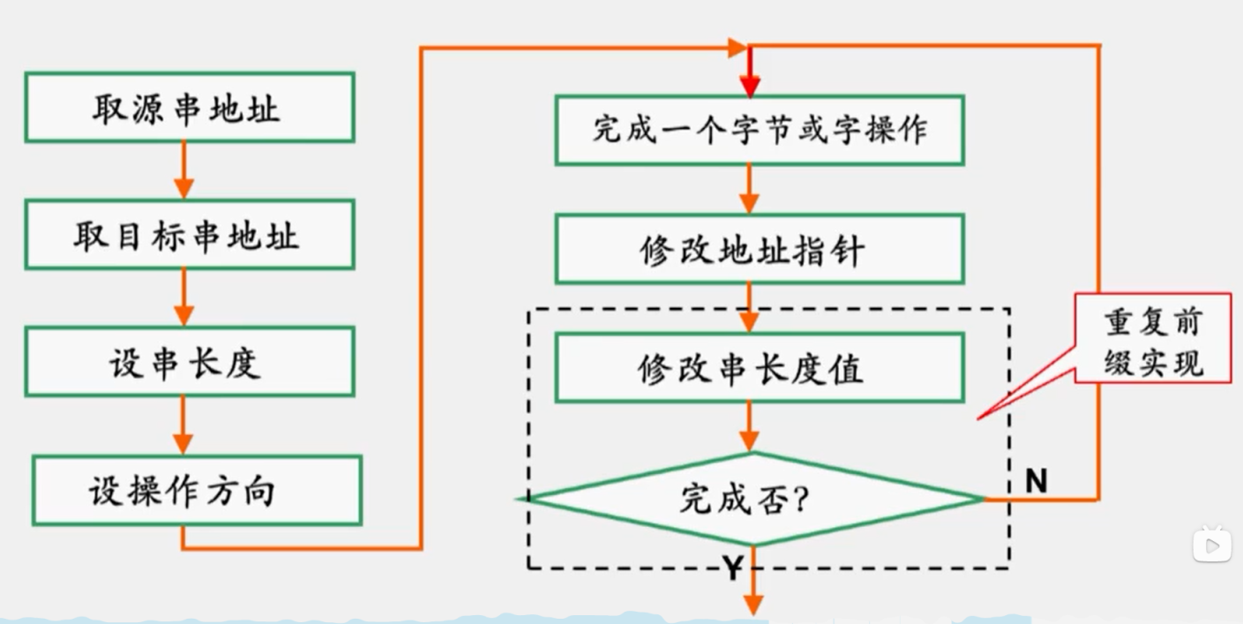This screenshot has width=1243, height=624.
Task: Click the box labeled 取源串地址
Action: click(189, 108)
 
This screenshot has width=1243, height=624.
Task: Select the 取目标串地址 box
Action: click(189, 235)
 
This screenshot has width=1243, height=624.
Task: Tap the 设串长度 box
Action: click(189, 362)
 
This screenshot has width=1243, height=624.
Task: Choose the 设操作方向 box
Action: click(196, 491)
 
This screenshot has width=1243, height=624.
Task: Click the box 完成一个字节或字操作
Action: click(759, 131)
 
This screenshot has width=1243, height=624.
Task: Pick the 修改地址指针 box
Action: click(759, 250)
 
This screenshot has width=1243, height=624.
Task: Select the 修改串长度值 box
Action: click(759, 368)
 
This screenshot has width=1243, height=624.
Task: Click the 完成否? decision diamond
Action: click(750, 500)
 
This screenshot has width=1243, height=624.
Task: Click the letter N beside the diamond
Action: click(1036, 481)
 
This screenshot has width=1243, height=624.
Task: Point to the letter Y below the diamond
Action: click(732, 568)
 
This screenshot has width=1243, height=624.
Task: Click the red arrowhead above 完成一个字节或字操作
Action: click(750, 83)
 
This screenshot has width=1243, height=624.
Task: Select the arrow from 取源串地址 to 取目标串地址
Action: click(183, 171)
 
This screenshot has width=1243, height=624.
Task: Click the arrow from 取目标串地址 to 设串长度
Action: click(183, 298)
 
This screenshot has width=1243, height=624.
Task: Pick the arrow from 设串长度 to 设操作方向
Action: click(183, 426)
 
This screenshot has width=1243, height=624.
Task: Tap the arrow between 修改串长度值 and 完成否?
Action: click(750, 427)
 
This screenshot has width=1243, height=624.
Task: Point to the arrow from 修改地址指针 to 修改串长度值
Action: click(750, 308)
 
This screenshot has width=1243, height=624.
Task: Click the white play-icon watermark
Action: click(1212, 545)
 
